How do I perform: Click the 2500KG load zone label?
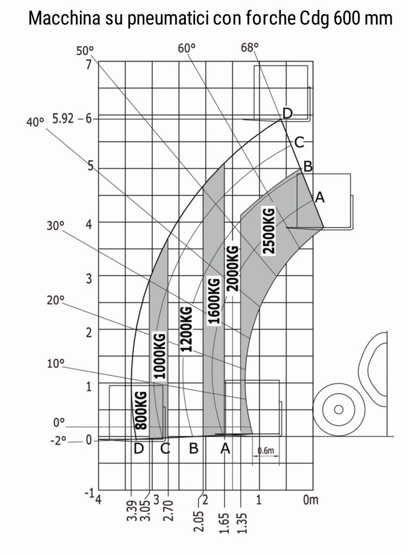[269, 231]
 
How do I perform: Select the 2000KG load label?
[233, 268]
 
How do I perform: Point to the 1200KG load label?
[186, 329]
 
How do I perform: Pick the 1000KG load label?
[160, 356]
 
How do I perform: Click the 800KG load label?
[141, 411]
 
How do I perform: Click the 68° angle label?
[250, 47]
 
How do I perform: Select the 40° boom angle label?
[35, 123]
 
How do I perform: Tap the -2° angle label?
[58, 441]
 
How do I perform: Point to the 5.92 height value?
[63, 118]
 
